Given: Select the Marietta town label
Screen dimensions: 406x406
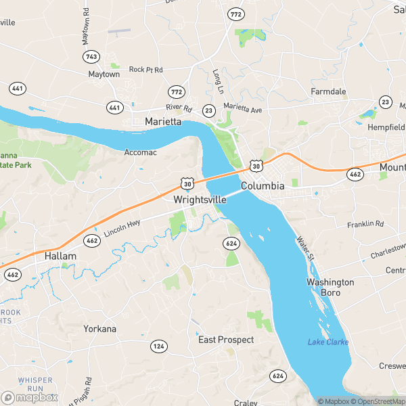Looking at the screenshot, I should point(163,122).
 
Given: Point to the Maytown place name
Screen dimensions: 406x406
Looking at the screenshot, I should point(104,74).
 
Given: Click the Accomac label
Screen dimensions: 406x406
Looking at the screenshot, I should point(141,153).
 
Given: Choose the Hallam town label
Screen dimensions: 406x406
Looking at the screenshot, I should point(60,257).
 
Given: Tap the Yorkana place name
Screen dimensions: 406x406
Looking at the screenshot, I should point(99,329).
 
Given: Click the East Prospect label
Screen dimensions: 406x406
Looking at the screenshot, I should point(226,340).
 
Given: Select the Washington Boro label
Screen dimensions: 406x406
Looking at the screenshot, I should point(330,287).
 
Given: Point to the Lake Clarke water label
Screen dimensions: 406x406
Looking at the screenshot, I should point(328,342).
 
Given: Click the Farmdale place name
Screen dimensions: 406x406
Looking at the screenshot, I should point(328,91).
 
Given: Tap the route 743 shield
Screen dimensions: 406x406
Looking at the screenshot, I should point(92,57).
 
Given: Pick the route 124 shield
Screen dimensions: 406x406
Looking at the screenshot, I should point(159,346).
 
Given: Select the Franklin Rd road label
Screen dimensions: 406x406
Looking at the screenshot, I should point(365,224).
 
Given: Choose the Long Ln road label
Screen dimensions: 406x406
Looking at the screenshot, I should point(217,81).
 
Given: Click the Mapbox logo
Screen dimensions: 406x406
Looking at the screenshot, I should point(30,397).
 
